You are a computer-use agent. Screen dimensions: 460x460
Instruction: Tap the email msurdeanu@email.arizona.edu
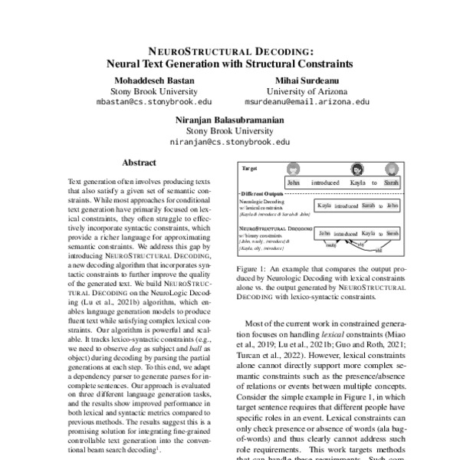tap(307, 101)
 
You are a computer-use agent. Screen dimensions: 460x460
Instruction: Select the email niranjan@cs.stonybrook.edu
tap(230, 142)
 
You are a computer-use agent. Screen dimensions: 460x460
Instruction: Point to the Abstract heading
tap(140, 163)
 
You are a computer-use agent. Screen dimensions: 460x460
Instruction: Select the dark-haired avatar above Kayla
tap(356, 170)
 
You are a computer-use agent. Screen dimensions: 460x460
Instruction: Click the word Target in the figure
tap(250, 167)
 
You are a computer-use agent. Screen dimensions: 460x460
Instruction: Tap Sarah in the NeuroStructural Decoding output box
tap(393, 232)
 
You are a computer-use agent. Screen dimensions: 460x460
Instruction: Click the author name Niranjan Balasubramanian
tap(230, 120)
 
